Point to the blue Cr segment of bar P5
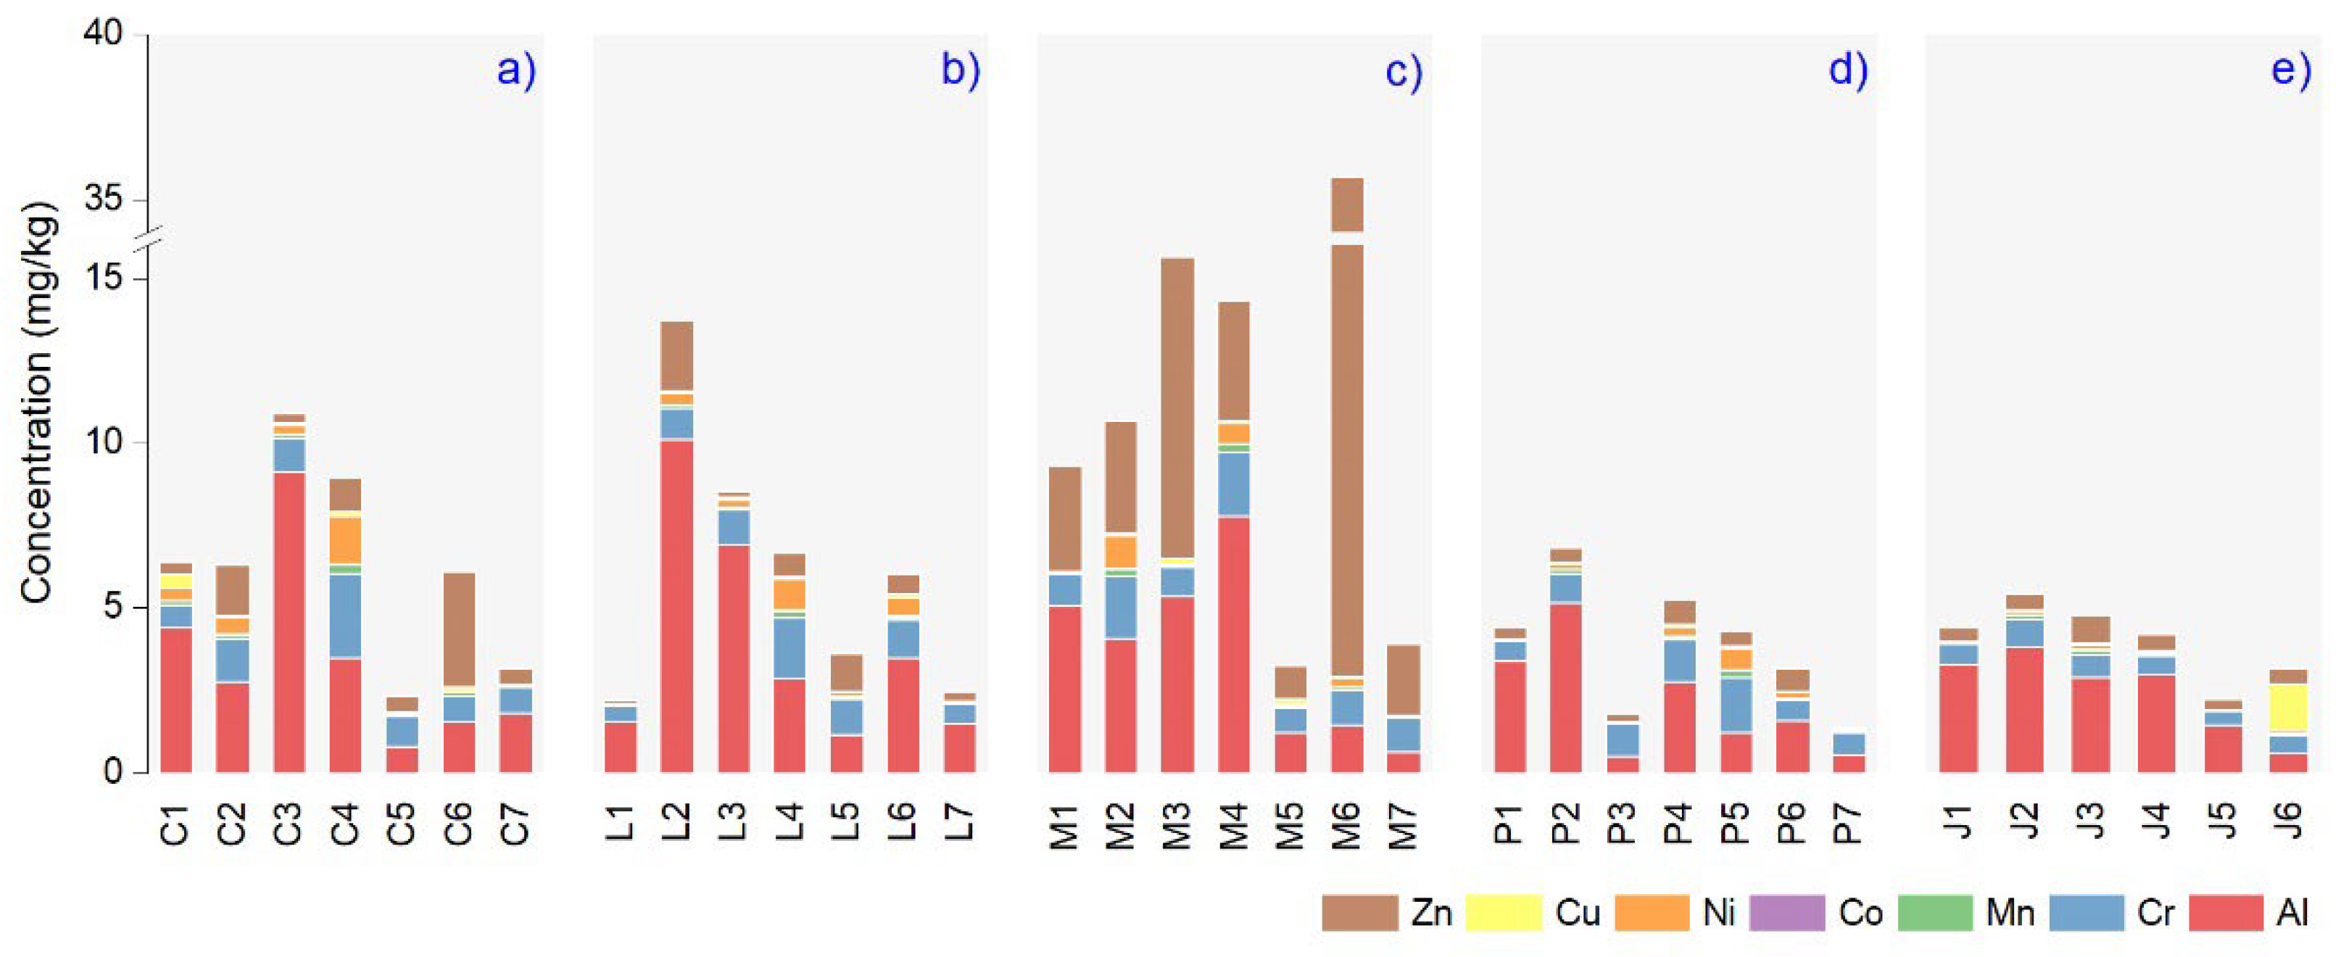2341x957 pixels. [1736, 705]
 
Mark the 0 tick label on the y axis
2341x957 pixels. [112, 773]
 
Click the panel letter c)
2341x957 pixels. [1403, 70]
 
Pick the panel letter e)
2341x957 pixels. [2290, 70]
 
